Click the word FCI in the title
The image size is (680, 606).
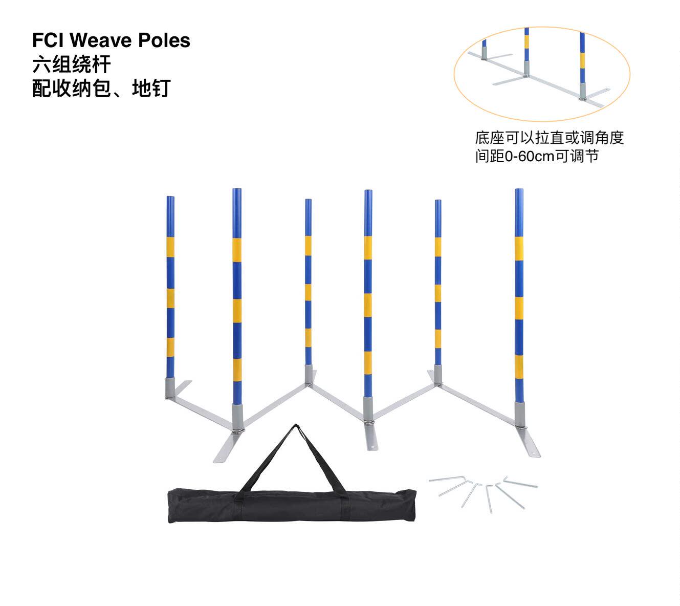click(x=48, y=40)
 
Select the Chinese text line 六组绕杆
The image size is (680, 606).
click(x=71, y=64)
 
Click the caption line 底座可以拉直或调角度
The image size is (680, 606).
click(x=549, y=138)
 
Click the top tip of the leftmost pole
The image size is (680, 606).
click(x=170, y=197)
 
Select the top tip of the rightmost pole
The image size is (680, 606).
click(x=519, y=190)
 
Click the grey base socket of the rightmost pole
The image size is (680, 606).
click(x=520, y=414)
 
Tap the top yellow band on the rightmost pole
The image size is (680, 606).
click(x=519, y=248)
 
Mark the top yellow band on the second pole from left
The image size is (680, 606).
click(x=237, y=250)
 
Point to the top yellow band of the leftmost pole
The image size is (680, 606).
click(x=170, y=247)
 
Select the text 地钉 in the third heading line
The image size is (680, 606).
click(x=151, y=89)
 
